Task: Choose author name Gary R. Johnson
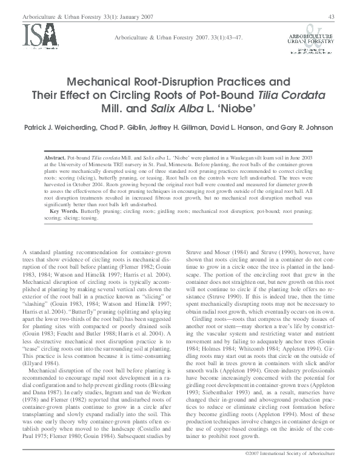(312, 127)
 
